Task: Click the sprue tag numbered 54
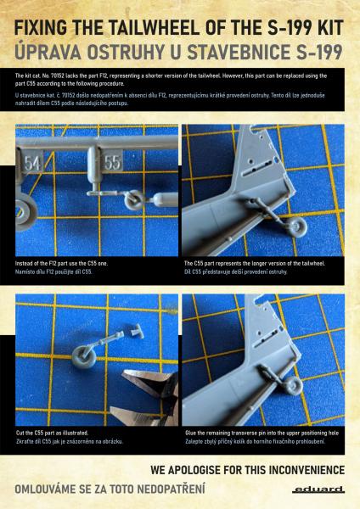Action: (x=32, y=162)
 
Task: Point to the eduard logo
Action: (x=318, y=489)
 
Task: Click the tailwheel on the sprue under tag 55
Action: (x=135, y=199)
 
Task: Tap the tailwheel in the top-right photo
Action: (x=297, y=227)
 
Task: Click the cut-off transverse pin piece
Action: (x=137, y=331)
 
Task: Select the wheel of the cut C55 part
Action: (x=84, y=356)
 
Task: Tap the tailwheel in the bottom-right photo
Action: (x=293, y=385)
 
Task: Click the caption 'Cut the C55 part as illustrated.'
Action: (x=53, y=433)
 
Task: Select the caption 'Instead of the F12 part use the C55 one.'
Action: (x=61, y=263)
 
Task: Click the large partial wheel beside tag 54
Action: (x=26, y=215)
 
